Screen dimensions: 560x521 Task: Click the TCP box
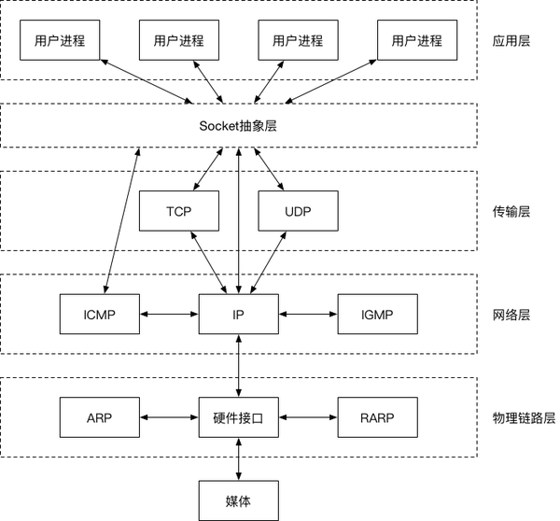179,211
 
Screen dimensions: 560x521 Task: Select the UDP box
299,211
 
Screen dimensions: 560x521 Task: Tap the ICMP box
100,314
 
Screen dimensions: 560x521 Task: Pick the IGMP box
377,314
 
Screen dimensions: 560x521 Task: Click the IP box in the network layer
239,314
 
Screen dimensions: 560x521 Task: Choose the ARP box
100,417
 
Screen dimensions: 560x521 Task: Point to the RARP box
377,417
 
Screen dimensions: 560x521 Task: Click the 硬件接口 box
239,417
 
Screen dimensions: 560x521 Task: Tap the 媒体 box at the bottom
239,500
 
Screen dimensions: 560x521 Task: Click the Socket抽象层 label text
238,126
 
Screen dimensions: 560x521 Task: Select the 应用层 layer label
511,40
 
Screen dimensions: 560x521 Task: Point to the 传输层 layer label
511,212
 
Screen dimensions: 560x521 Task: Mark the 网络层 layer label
511,315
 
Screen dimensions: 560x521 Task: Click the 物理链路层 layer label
524,417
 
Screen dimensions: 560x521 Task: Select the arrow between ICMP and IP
169,314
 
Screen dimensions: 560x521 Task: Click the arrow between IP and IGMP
308,314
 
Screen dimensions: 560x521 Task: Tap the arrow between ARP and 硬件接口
169,417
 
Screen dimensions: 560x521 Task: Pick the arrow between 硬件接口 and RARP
308,417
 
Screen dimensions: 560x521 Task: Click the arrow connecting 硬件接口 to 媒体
239,458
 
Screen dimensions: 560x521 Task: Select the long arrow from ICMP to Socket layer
121,220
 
